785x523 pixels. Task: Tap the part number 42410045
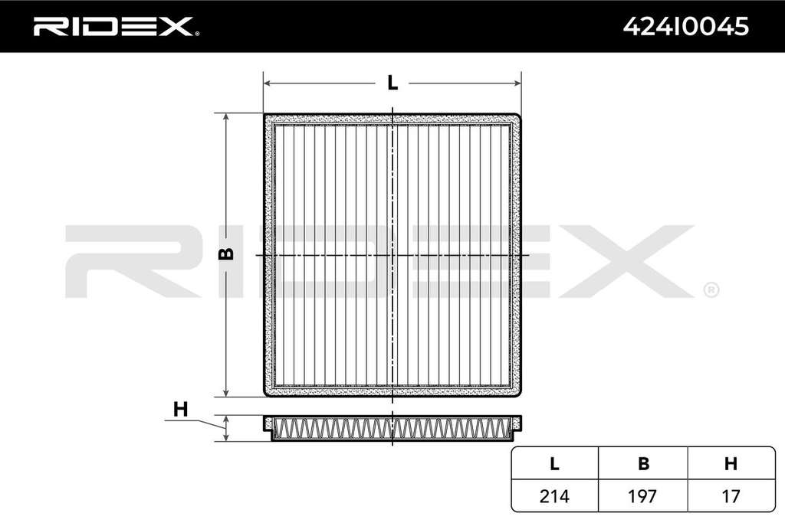click(x=685, y=26)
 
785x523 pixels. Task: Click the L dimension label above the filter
click(x=393, y=83)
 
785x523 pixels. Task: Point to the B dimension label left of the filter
click(x=226, y=253)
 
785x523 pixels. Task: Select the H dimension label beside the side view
click(x=180, y=409)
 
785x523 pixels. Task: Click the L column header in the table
click(x=554, y=464)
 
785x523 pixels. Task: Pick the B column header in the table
click(x=643, y=464)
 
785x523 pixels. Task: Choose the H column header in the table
click(x=731, y=464)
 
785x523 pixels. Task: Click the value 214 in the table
click(x=554, y=496)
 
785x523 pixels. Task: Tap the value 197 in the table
click(x=642, y=496)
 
